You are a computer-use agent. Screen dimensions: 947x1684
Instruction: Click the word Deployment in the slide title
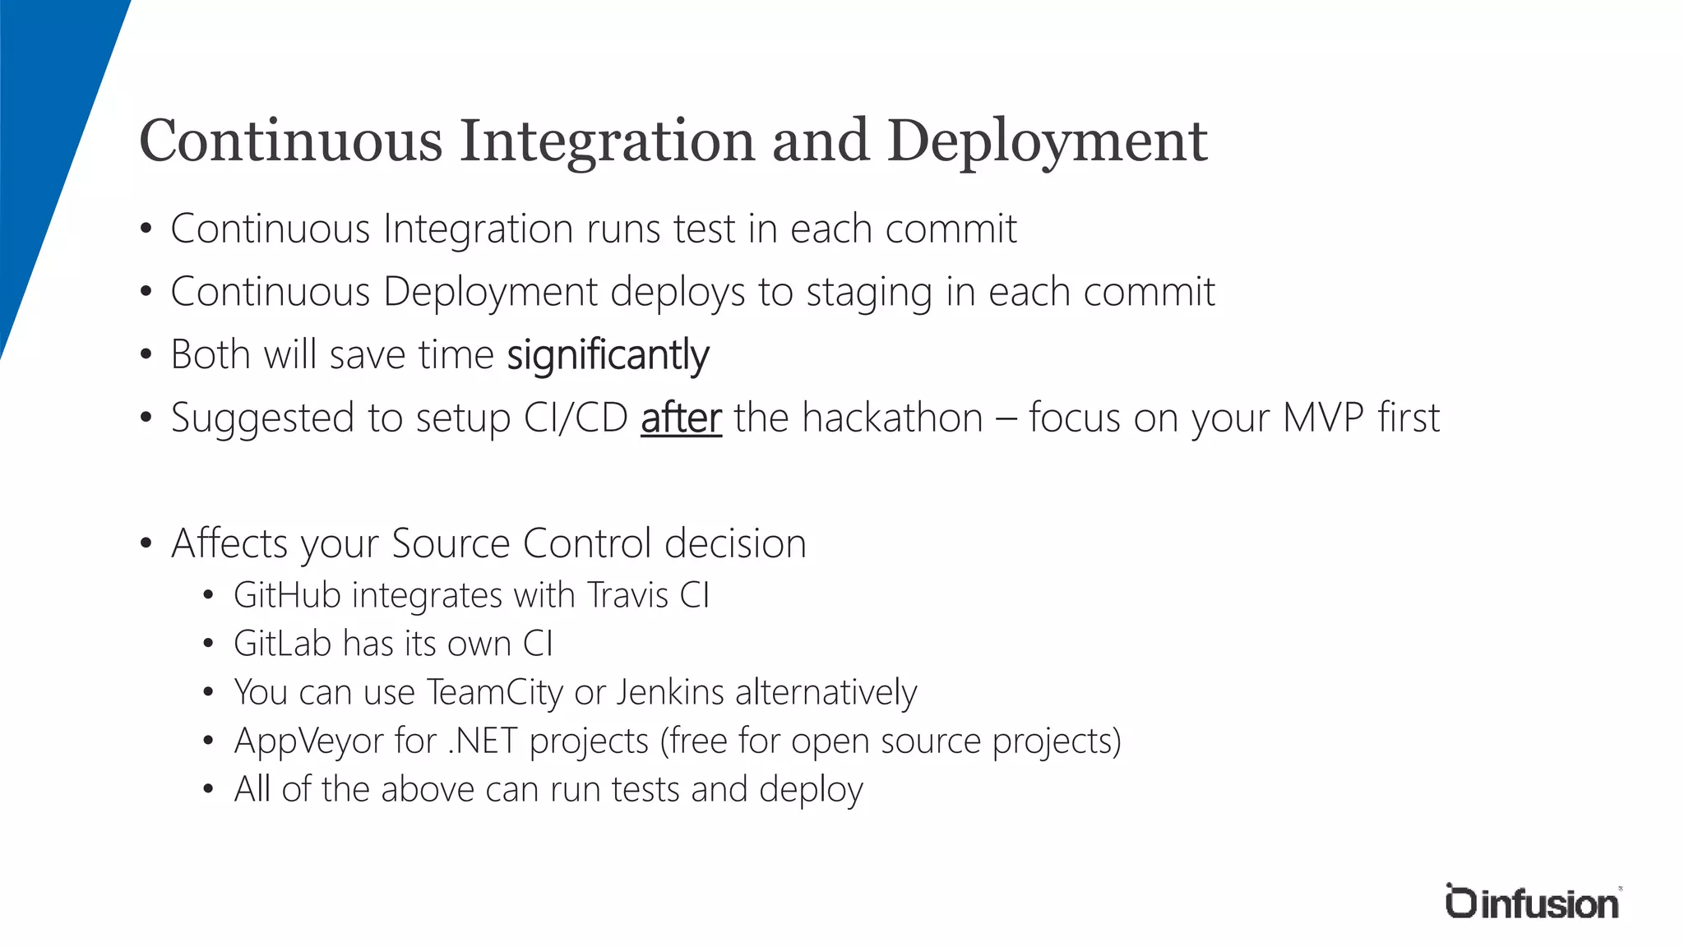1047,141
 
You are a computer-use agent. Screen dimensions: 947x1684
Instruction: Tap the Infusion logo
1532,902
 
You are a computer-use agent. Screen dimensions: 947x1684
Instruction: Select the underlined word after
681,418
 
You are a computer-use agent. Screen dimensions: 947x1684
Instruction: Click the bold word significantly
608,355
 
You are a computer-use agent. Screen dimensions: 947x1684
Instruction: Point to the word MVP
1324,418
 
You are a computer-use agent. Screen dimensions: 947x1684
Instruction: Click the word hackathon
892,418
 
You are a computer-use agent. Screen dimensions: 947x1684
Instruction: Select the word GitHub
287,595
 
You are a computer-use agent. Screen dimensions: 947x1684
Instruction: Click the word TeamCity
495,692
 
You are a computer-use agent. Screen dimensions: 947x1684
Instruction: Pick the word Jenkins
670,692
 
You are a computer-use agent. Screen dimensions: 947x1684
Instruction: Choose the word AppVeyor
308,741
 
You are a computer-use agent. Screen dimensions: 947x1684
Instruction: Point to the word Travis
628,595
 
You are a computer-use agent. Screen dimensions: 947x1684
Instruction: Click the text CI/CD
576,418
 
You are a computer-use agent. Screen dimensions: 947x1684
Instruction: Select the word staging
868,293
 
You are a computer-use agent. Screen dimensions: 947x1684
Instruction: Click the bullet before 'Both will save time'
146,355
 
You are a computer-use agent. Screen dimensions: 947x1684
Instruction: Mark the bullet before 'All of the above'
209,790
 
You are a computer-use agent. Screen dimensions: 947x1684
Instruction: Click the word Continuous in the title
291,141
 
